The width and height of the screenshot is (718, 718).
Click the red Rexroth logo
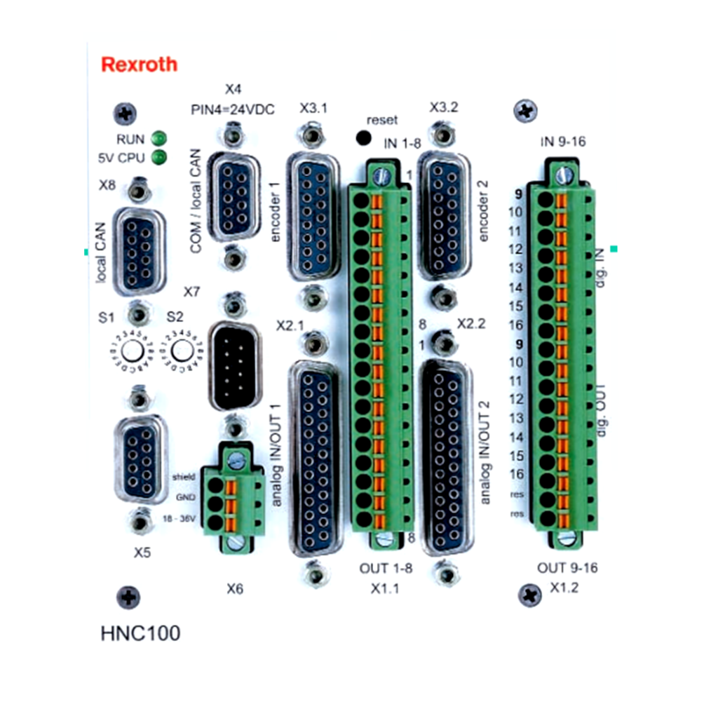[x=139, y=65]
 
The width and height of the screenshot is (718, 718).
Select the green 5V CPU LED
[x=159, y=157]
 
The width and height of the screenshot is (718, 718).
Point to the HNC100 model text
[x=140, y=633]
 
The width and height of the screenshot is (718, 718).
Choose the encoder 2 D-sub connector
[x=442, y=217]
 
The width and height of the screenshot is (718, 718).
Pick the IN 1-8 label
[x=402, y=144]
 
